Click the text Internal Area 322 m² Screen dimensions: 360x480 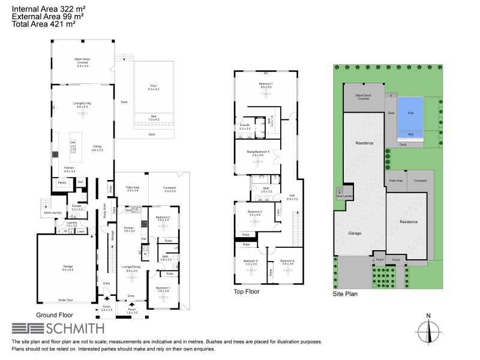pyautogui.click(x=47, y=8)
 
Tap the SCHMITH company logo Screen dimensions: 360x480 pyautogui.click(x=58, y=328)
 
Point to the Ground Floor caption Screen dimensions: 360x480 pyautogui.click(x=55, y=315)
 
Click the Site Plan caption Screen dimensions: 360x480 pyautogui.click(x=346, y=295)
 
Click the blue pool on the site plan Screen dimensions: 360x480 pyautogui.click(x=410, y=112)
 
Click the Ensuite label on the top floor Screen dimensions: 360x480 pyautogui.click(x=245, y=127)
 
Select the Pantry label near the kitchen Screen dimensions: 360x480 pyautogui.click(x=62, y=182)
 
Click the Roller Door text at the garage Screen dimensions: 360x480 pyautogui.click(x=66, y=300)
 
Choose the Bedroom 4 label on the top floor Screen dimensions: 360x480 pyautogui.click(x=287, y=262)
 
